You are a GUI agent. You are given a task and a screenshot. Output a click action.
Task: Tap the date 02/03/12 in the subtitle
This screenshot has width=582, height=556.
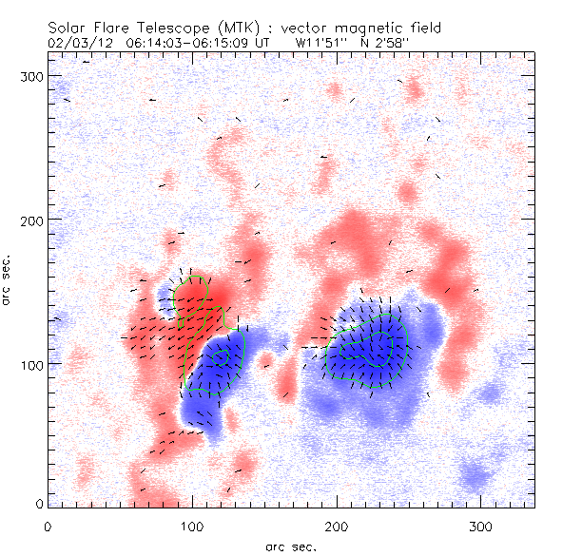pos(73,43)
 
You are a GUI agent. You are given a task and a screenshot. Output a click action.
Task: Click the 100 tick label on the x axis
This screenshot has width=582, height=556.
pos(191,526)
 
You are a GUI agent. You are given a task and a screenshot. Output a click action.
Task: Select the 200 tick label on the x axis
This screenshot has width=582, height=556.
pos(336,526)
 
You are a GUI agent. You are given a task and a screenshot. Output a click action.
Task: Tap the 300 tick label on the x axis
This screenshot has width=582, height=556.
pos(480,526)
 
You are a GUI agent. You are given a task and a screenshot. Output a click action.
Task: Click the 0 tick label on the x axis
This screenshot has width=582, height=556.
pos(48,526)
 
